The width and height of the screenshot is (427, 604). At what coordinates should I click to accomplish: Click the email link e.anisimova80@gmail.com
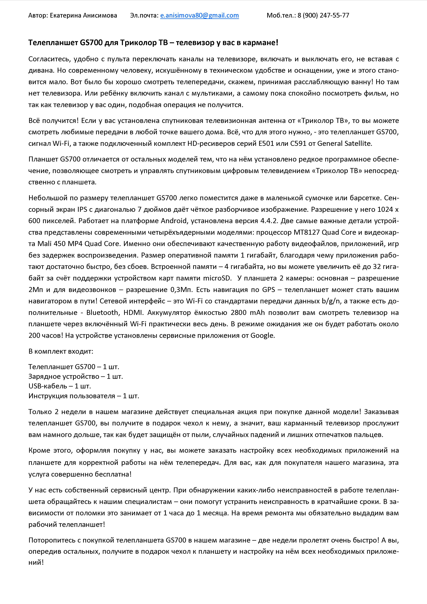[x=199, y=15]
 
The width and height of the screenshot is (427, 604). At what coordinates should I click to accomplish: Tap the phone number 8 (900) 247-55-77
[x=323, y=15]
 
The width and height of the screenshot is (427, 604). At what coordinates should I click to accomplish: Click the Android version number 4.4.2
[x=269, y=221]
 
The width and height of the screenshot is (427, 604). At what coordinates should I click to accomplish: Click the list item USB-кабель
[x=48, y=386]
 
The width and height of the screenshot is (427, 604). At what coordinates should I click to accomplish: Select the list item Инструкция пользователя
[x=72, y=396]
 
